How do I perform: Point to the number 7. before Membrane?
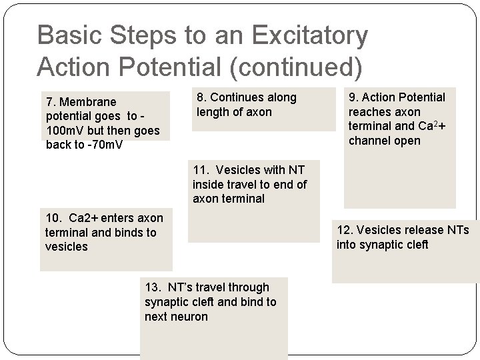[51, 102]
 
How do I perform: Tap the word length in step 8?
[213, 112]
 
